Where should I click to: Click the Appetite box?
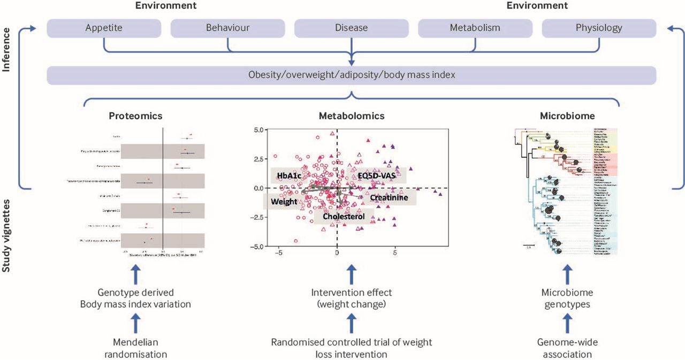pyautogui.click(x=104, y=28)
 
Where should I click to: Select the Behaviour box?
pyautogui.click(x=228, y=28)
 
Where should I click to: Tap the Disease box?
pyautogui.click(x=352, y=28)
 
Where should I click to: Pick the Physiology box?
pyautogui.click(x=599, y=28)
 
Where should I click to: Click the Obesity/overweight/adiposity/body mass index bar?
pyautogui.click(x=352, y=75)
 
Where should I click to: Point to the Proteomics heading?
pyautogui.click(x=135, y=116)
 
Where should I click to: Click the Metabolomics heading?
pyautogui.click(x=352, y=116)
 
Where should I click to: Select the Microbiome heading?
pyautogui.click(x=566, y=116)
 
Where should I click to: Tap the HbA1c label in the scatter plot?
pyautogui.click(x=290, y=175)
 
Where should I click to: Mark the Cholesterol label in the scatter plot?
pyautogui.click(x=344, y=217)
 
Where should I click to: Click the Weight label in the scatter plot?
pyautogui.click(x=284, y=202)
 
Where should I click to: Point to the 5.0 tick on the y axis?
pyautogui.click(x=244, y=130)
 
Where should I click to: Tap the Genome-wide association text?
pyautogui.click(x=566, y=347)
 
